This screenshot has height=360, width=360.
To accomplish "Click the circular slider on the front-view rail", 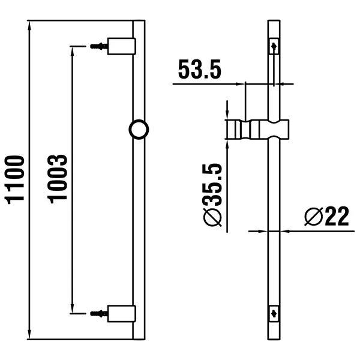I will point(139,129).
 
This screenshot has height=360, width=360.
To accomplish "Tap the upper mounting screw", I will point(97,46).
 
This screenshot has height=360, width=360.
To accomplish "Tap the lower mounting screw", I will point(97,313).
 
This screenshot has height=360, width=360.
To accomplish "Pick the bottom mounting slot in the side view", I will point(274,312).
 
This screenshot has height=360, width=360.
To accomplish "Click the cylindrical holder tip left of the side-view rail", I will point(236,129).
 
